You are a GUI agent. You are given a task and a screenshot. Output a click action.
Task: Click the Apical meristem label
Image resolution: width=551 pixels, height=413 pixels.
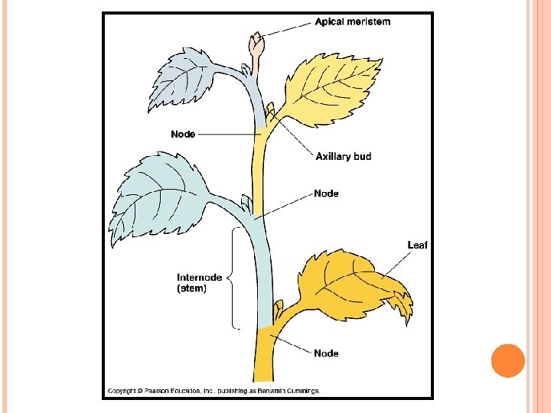353,21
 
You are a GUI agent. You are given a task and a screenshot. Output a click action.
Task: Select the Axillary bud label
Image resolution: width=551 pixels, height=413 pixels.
344,156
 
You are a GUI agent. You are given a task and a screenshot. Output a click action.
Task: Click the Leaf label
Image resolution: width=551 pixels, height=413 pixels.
417,245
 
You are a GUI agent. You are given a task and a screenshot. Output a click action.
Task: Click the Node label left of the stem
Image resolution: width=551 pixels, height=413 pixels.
183,134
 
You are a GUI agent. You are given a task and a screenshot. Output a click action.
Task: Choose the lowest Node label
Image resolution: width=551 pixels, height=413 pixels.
326,353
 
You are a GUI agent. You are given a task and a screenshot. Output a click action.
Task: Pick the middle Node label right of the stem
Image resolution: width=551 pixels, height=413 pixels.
326,193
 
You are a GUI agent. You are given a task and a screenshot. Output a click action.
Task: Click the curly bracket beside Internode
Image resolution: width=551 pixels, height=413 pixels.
234,278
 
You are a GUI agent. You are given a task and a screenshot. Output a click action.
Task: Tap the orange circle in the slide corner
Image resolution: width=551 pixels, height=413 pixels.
507,360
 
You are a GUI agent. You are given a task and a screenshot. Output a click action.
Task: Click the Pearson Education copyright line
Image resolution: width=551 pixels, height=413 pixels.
214,391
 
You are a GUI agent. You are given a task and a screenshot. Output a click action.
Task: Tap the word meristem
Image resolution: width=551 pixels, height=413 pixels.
370,21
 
